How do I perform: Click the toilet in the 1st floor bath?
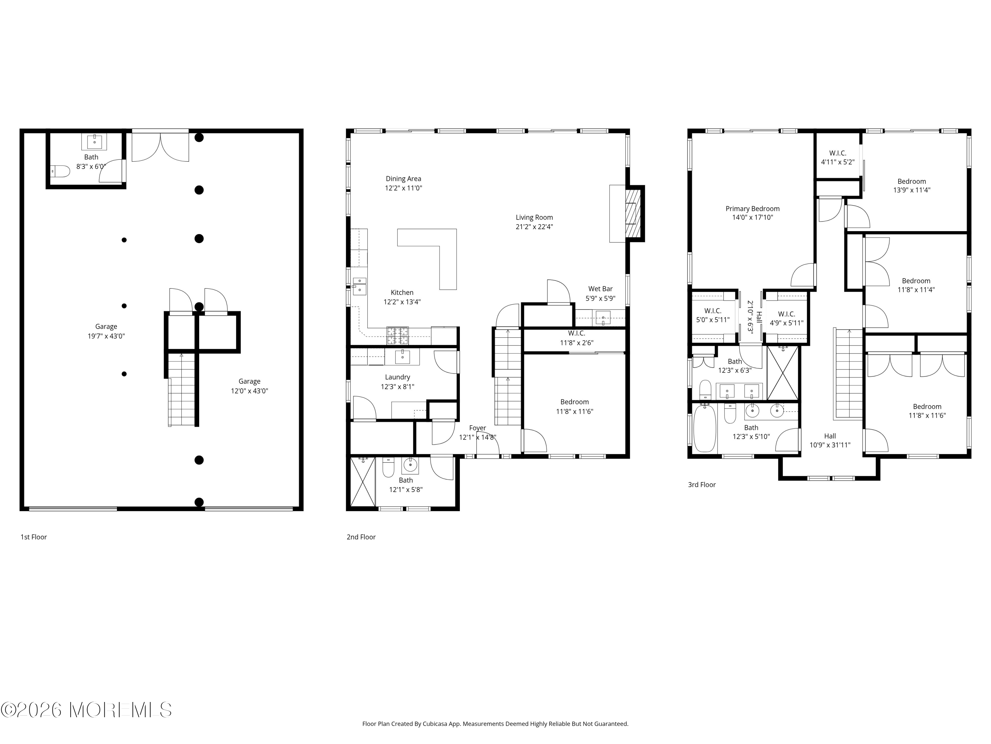coord(60,171)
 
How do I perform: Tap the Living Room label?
coord(534,218)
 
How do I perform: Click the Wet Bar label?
coord(600,289)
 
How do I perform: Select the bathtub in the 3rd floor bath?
coord(704,428)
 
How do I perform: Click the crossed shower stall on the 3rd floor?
coord(783,373)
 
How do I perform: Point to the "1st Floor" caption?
coord(34,537)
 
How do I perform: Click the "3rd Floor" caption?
coord(702,484)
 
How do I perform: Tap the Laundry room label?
coord(397,377)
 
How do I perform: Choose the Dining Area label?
coord(403,179)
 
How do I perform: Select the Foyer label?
coord(478,428)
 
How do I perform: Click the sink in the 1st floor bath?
coord(94,142)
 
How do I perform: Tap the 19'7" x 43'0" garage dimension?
coord(106,336)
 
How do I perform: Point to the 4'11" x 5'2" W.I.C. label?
coord(838,162)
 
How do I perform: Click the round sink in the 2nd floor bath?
coord(410,466)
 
